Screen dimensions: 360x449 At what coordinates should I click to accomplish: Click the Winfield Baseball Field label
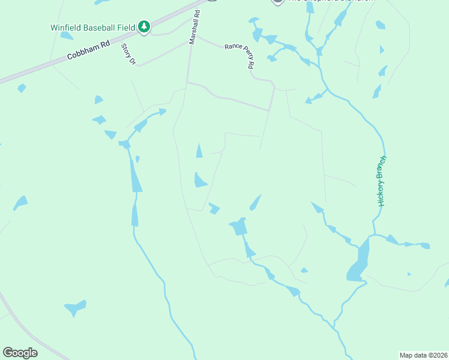[x=92, y=27]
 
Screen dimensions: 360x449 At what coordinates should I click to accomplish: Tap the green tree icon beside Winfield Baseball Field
[x=143, y=26]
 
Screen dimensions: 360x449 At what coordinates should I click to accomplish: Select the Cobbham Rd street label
[x=88, y=51]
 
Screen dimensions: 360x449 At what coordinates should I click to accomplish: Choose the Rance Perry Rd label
[x=239, y=55]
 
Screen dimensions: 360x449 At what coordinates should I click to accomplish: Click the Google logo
[x=20, y=352]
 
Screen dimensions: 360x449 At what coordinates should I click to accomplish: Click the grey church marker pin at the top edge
[x=277, y=2]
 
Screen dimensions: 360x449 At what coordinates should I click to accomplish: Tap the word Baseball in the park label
[x=100, y=27]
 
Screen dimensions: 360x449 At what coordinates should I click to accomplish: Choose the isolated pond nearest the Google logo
[x=75, y=308]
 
